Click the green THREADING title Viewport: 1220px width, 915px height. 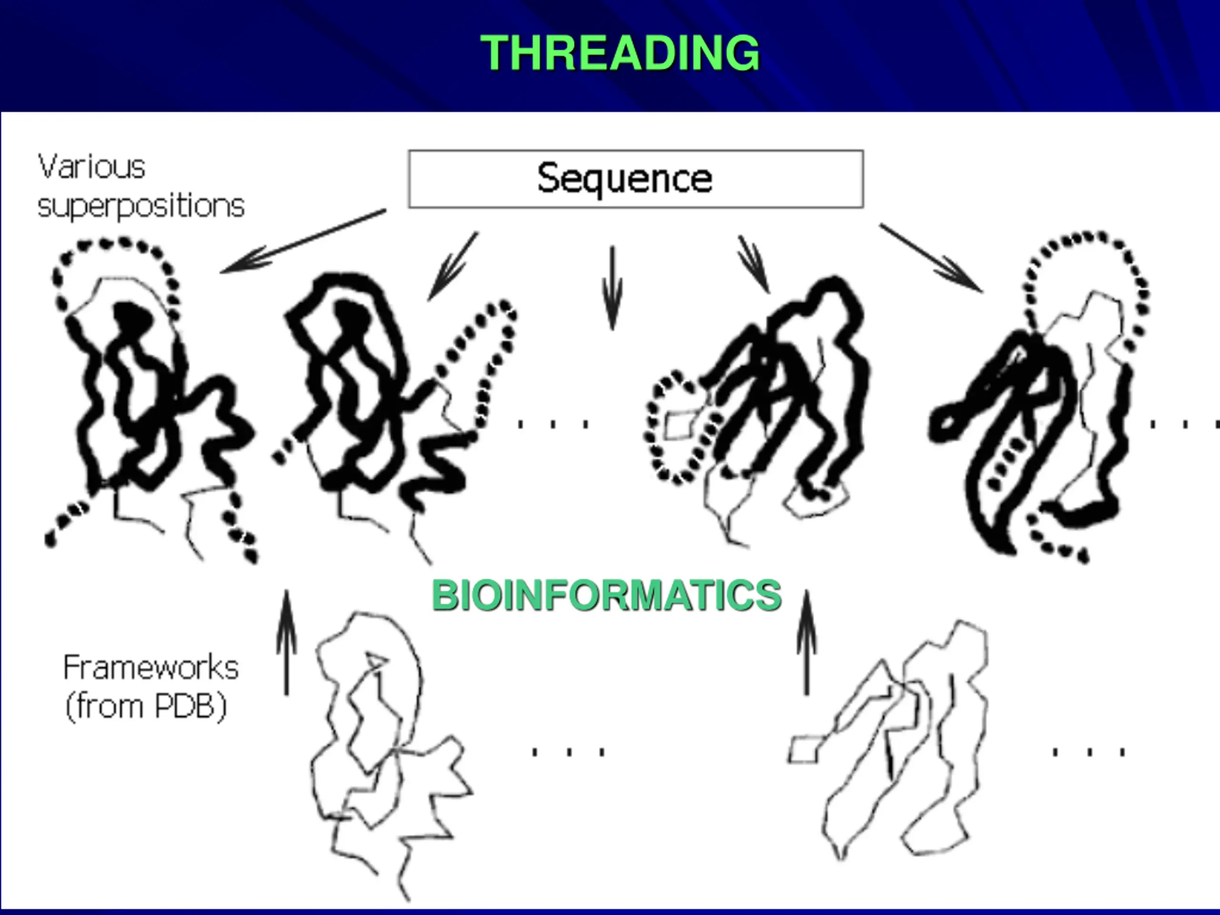(620, 53)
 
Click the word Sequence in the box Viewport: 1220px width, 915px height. (624, 179)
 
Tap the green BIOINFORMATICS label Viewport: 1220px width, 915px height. (607, 596)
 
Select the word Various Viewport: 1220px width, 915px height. (91, 167)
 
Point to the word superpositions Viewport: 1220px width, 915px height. (141, 206)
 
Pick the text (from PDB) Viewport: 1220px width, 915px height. (146, 706)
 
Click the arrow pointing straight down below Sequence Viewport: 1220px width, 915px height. (612, 287)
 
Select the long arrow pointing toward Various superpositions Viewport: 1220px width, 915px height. (304, 241)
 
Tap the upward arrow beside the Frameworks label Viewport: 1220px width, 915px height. (286, 642)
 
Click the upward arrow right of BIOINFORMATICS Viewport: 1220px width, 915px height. (806, 642)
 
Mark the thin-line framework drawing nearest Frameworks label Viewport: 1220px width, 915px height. (386, 750)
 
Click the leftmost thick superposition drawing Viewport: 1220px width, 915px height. (149, 397)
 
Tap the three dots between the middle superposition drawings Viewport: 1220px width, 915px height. (553, 424)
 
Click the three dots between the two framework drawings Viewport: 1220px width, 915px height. (568, 752)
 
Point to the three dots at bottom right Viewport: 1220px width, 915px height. (1089, 752)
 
